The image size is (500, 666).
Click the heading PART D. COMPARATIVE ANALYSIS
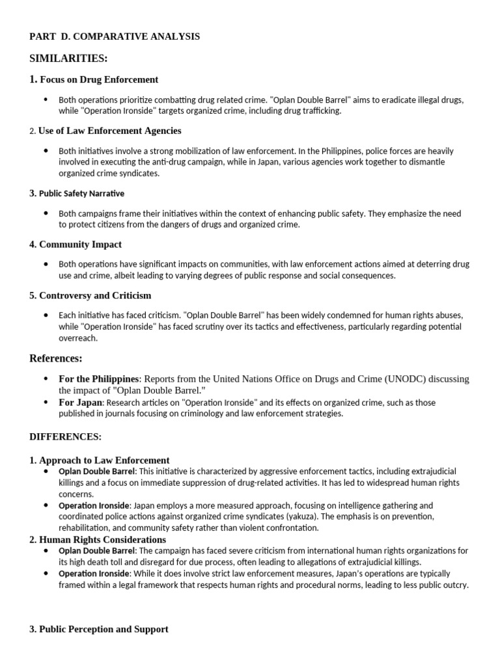coord(115,36)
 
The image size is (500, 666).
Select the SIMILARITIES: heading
coord(68,59)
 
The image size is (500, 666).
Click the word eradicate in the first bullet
coord(398,100)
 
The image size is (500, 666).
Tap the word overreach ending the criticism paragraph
coord(78,338)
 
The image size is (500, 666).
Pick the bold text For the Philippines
coord(99,379)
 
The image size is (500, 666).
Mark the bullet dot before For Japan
coord(46,403)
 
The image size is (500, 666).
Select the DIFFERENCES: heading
coord(65,436)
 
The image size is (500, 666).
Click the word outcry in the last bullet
coord(454,584)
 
